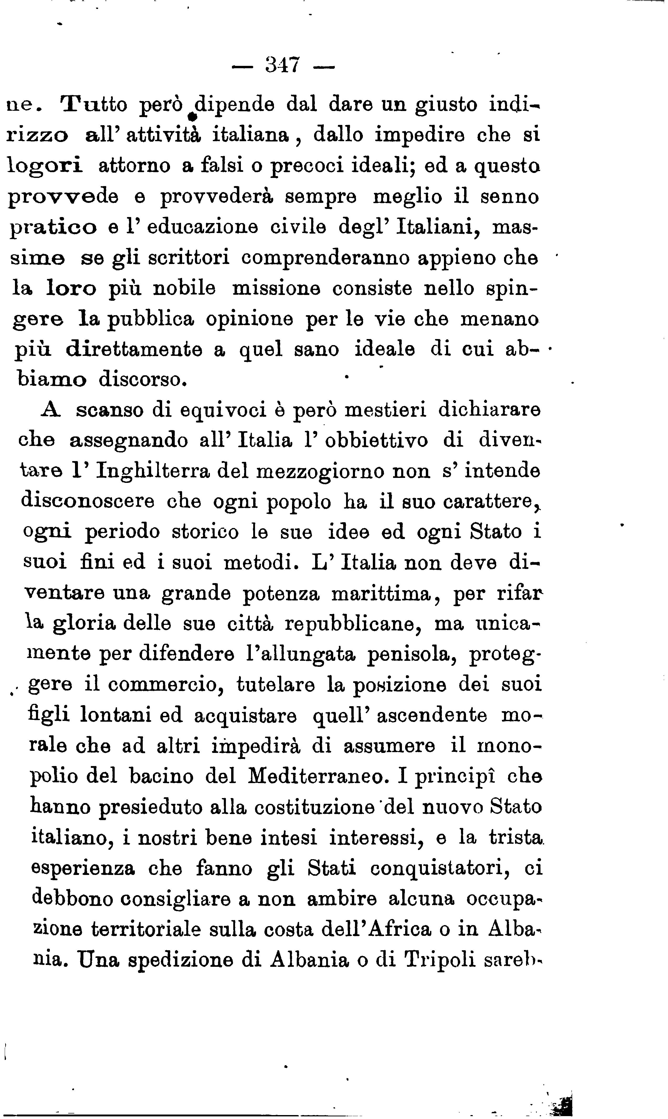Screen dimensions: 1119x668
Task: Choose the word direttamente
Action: click(x=134, y=350)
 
